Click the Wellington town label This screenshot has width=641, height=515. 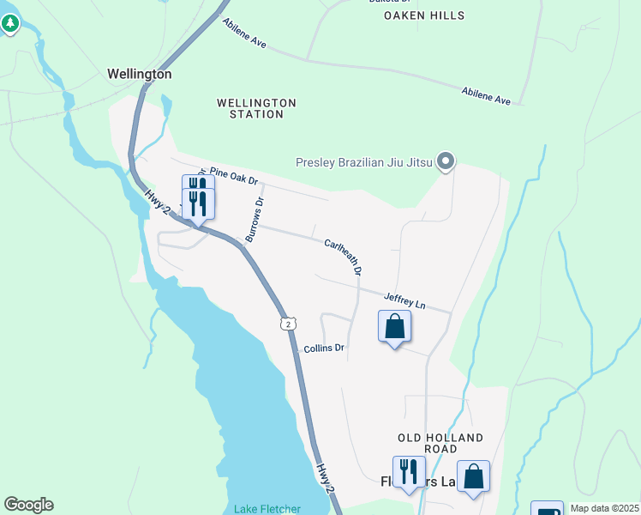point(139,75)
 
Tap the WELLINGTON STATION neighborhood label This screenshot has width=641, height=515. point(256,108)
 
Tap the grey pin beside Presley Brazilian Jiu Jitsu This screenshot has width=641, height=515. point(445,161)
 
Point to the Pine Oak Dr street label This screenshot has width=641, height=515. point(233,177)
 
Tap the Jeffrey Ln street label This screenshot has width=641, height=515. point(404,300)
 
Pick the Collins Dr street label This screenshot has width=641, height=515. point(324,348)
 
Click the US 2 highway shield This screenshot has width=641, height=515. point(289,323)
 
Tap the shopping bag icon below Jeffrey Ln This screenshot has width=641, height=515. point(394,326)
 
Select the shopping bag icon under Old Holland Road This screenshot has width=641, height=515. point(473,476)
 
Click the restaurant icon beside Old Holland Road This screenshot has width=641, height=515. point(409,471)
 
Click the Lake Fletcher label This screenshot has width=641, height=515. point(267,509)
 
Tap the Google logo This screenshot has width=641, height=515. point(28,505)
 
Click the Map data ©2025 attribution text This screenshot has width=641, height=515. point(604,508)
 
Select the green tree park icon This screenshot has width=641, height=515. point(10,23)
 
